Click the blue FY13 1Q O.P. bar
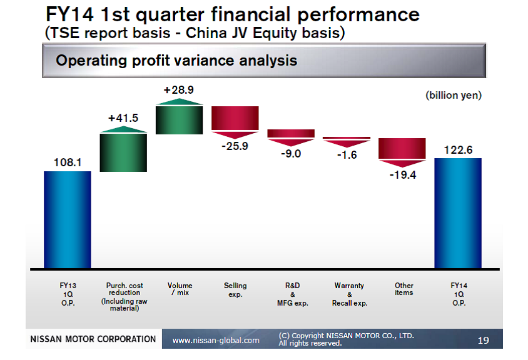coord(68,220)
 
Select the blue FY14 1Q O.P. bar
coord(458,213)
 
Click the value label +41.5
coord(123,118)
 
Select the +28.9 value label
coord(179,90)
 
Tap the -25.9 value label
coord(235,146)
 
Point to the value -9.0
coord(291,154)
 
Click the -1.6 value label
coord(347,155)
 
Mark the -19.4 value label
coord(403,175)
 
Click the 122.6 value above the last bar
coord(458,150)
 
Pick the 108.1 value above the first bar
coord(68,162)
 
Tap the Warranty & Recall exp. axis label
coord(350,294)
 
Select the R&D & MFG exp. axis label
coord(293,294)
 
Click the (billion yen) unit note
coord(454,95)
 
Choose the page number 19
coord(483,340)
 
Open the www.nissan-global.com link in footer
coord(216,340)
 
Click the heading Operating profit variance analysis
coord(176,61)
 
